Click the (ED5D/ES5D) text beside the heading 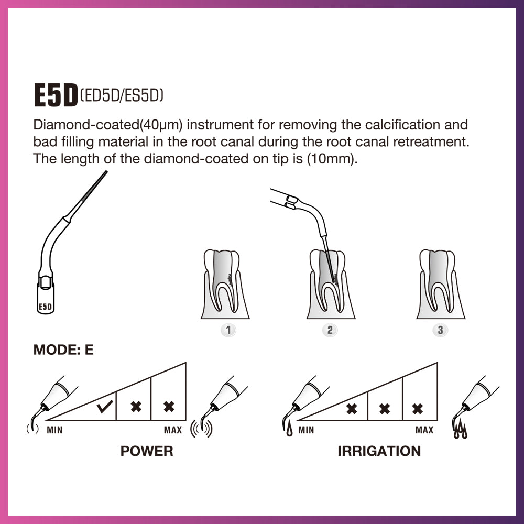click(122, 95)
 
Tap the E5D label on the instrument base click(46, 307)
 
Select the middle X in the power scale click(136, 406)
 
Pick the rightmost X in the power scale click(169, 406)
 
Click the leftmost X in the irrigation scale click(352, 409)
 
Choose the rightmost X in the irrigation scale click(418, 409)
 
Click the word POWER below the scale click(147, 451)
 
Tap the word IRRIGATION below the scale click(379, 451)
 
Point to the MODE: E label click(63, 350)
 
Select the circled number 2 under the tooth click(330, 330)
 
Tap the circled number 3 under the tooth click(440, 330)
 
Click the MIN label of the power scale click(55, 430)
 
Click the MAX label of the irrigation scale click(424, 430)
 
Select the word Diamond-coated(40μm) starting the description click(108, 125)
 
